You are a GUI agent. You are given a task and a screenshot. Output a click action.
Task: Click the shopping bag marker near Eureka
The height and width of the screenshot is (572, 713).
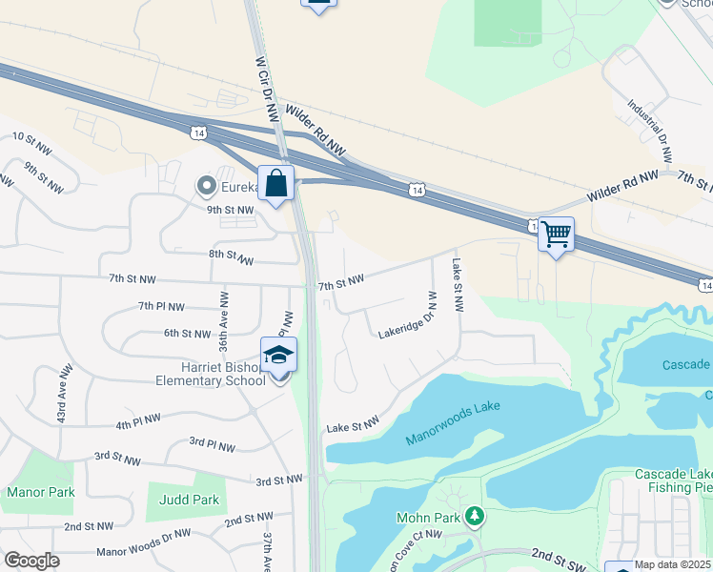click(x=276, y=183)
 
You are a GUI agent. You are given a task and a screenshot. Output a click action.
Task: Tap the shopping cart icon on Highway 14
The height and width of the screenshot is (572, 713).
click(x=556, y=234)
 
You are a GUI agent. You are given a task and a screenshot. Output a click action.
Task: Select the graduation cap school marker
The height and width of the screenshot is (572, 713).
click(x=278, y=356)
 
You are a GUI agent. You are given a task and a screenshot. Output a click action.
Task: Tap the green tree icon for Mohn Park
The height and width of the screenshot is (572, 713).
click(x=475, y=518)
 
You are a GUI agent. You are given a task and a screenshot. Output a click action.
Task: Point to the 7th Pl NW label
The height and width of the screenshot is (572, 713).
click(x=160, y=306)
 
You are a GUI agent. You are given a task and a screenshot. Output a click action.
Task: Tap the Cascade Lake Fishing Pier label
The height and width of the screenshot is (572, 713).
click(x=673, y=480)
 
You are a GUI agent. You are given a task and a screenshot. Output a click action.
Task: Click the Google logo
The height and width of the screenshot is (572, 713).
click(x=31, y=561)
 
